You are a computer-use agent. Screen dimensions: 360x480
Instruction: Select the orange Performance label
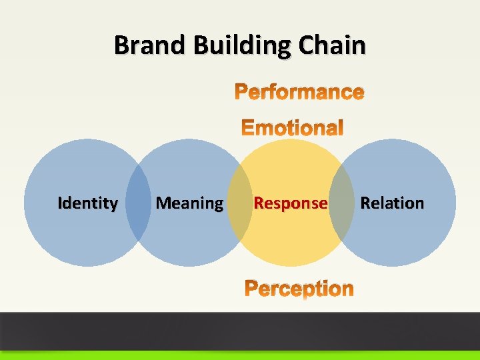tap(299, 92)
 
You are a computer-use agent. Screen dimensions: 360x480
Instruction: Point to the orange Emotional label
tap(292, 127)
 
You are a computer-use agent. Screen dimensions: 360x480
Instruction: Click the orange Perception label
tap(299, 288)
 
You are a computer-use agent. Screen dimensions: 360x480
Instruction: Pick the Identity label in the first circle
tap(88, 203)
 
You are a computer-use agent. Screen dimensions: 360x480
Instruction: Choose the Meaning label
tap(189, 203)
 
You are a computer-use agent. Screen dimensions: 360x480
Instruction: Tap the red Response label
tap(291, 203)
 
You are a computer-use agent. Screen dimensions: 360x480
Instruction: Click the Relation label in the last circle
tap(392, 203)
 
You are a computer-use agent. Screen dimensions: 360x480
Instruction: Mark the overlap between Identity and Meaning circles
tap(139, 203)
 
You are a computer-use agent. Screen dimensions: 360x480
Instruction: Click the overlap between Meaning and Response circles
tap(240, 203)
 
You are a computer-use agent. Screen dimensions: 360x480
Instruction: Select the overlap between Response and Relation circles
tap(341, 203)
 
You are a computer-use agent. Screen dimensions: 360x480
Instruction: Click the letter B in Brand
tap(121, 45)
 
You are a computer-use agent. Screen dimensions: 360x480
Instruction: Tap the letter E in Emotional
tap(247, 127)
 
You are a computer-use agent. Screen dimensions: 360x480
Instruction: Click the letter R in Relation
tap(365, 203)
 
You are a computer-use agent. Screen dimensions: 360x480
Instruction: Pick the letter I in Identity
tap(60, 203)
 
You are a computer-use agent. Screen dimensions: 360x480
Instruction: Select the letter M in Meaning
tap(162, 203)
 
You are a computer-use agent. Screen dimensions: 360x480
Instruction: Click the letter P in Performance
tap(241, 92)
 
